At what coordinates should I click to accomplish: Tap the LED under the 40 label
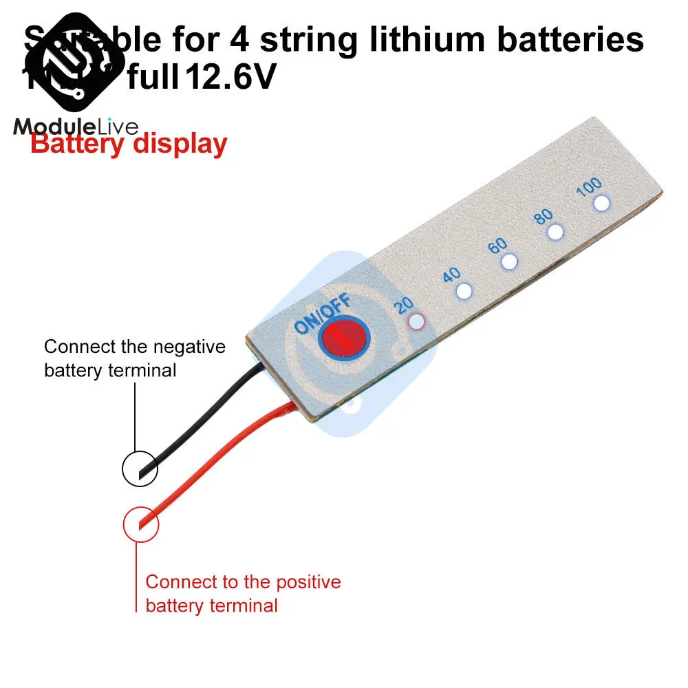coord(464,291)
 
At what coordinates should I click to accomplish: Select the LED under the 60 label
coord(510,261)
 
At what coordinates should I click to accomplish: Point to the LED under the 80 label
coord(555,233)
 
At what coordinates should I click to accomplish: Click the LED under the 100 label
coord(602,203)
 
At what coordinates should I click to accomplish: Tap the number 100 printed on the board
coord(589,186)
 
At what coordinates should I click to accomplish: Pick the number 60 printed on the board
coord(497,246)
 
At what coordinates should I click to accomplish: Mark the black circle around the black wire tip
coord(140,469)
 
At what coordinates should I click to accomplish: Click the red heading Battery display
coord(129,144)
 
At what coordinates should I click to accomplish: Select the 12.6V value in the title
coord(227,78)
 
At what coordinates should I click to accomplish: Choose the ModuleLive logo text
coord(76,127)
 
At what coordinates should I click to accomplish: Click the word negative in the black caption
coord(192,346)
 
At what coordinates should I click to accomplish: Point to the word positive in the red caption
coord(309,582)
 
